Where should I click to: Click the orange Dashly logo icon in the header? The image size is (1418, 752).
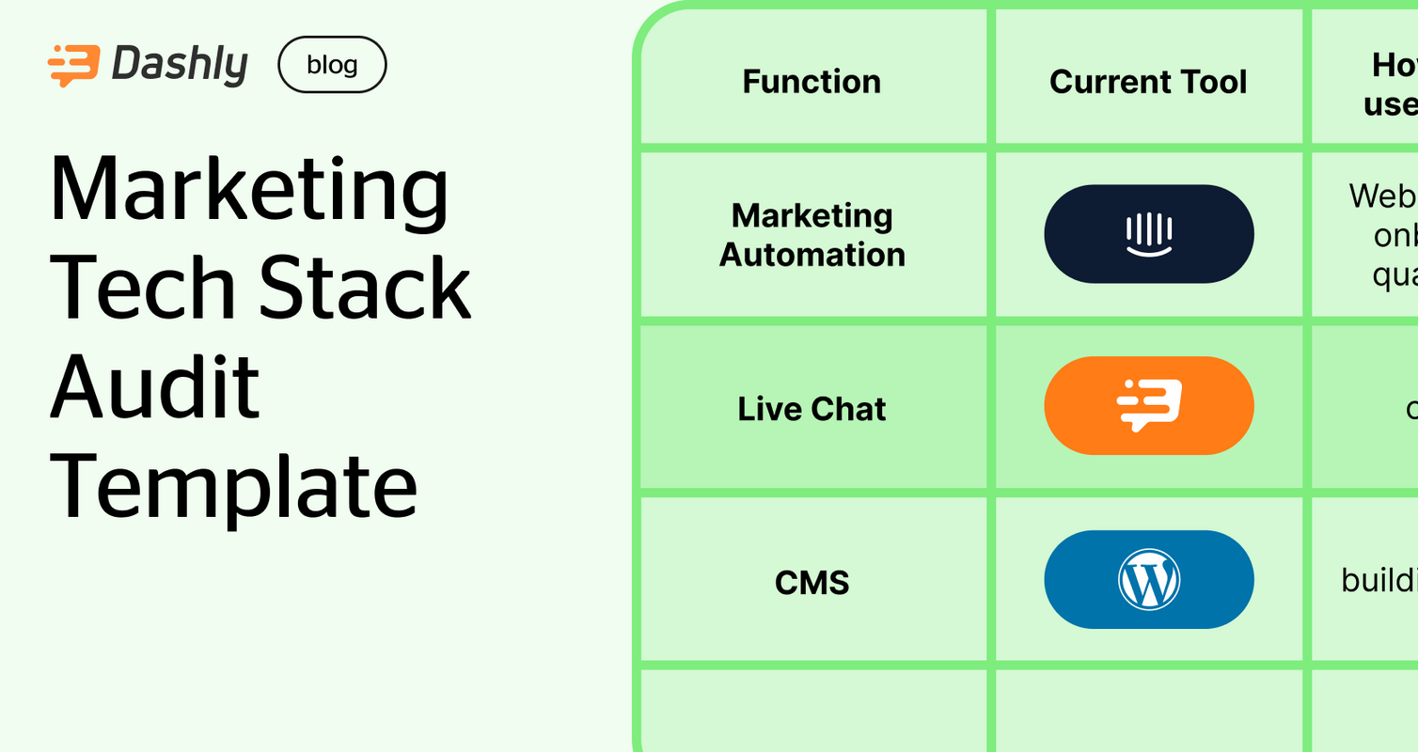pos(72,66)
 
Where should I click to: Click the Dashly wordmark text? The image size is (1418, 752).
pos(180,66)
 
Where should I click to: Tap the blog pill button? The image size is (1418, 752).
pos(332,65)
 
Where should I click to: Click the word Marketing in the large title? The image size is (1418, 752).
pos(249,191)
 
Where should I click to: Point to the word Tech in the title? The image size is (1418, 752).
pos(142,288)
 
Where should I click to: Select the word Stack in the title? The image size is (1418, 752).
pos(365,288)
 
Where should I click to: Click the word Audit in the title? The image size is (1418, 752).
pos(154,386)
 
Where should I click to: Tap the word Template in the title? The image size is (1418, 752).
pos(233,486)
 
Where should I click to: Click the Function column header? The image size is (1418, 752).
pos(811,82)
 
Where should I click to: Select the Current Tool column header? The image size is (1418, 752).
pos(1147,82)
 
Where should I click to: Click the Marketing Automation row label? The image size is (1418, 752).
pos(811,235)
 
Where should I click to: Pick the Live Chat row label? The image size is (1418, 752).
pos(811,409)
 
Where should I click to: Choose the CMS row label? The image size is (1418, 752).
pos(811,583)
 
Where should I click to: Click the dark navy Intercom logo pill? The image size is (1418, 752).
pos(1148,234)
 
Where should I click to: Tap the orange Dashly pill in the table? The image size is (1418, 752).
pos(1148,406)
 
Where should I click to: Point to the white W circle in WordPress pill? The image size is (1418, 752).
pos(1148,580)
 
